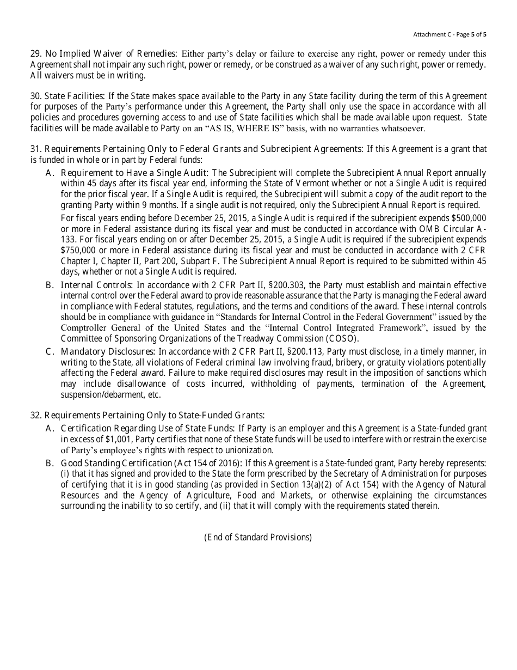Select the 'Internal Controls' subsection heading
tap(96, 285)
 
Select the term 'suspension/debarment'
tap(102, 395)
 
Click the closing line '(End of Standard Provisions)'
tap(258, 537)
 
